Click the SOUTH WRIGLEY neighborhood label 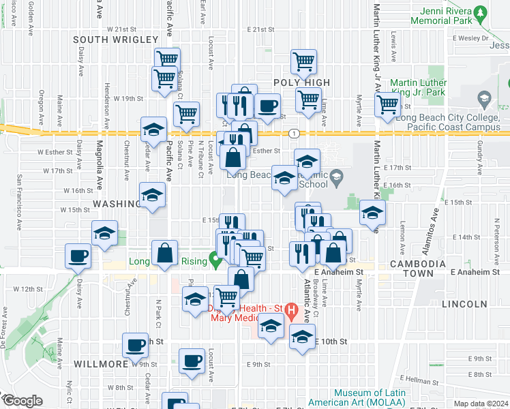coord(106,40)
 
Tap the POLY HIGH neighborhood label coord(301,82)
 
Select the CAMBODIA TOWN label coord(411,268)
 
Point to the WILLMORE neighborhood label coord(101,364)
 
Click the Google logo coord(22,401)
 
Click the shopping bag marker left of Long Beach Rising coord(165,252)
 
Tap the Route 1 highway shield coord(293,132)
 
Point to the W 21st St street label coord(122,29)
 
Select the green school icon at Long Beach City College coord(485,99)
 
